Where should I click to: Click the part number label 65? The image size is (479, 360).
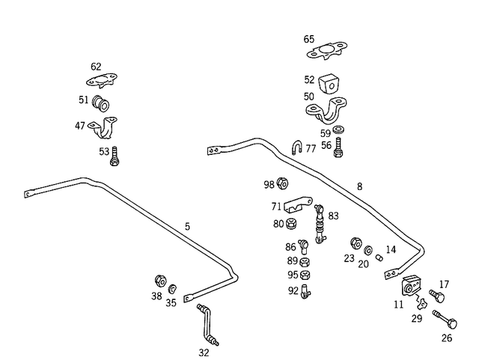tap(309, 39)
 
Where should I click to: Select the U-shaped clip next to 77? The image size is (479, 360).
tap(296, 146)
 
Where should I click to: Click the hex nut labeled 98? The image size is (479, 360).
tap(284, 183)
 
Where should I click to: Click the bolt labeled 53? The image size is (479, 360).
tap(115, 156)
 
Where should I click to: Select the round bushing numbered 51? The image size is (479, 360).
tap(102, 102)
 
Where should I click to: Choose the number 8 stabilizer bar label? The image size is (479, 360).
tap(359, 186)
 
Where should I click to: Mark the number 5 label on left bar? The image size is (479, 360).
tap(187, 225)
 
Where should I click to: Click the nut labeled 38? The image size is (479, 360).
tap(159, 281)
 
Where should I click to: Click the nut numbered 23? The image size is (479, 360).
tap(357, 244)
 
